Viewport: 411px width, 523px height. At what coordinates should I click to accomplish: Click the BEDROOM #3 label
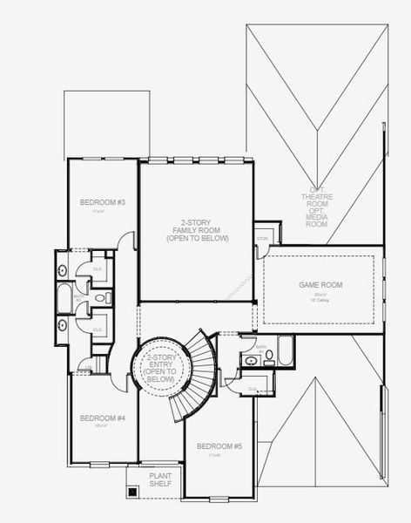click(x=103, y=203)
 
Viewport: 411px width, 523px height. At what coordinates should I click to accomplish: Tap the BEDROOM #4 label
click(x=103, y=418)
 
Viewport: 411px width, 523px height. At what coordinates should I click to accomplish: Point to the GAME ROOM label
click(x=320, y=285)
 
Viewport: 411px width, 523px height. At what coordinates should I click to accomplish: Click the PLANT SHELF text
click(x=159, y=479)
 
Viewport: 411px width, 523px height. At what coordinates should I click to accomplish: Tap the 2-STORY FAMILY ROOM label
click(x=197, y=229)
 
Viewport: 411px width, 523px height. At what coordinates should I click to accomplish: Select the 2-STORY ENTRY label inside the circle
click(x=160, y=369)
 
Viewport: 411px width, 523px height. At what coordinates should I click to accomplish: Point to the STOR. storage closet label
click(x=262, y=238)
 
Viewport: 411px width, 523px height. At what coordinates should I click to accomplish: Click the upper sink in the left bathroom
click(x=61, y=267)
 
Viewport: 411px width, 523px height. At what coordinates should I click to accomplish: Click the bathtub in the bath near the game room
click(x=284, y=356)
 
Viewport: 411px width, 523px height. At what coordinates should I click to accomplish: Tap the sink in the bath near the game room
click(x=251, y=359)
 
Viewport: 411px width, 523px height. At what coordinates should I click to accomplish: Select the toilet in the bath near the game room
click(x=268, y=356)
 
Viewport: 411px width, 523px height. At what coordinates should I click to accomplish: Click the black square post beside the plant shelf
click(x=132, y=491)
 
